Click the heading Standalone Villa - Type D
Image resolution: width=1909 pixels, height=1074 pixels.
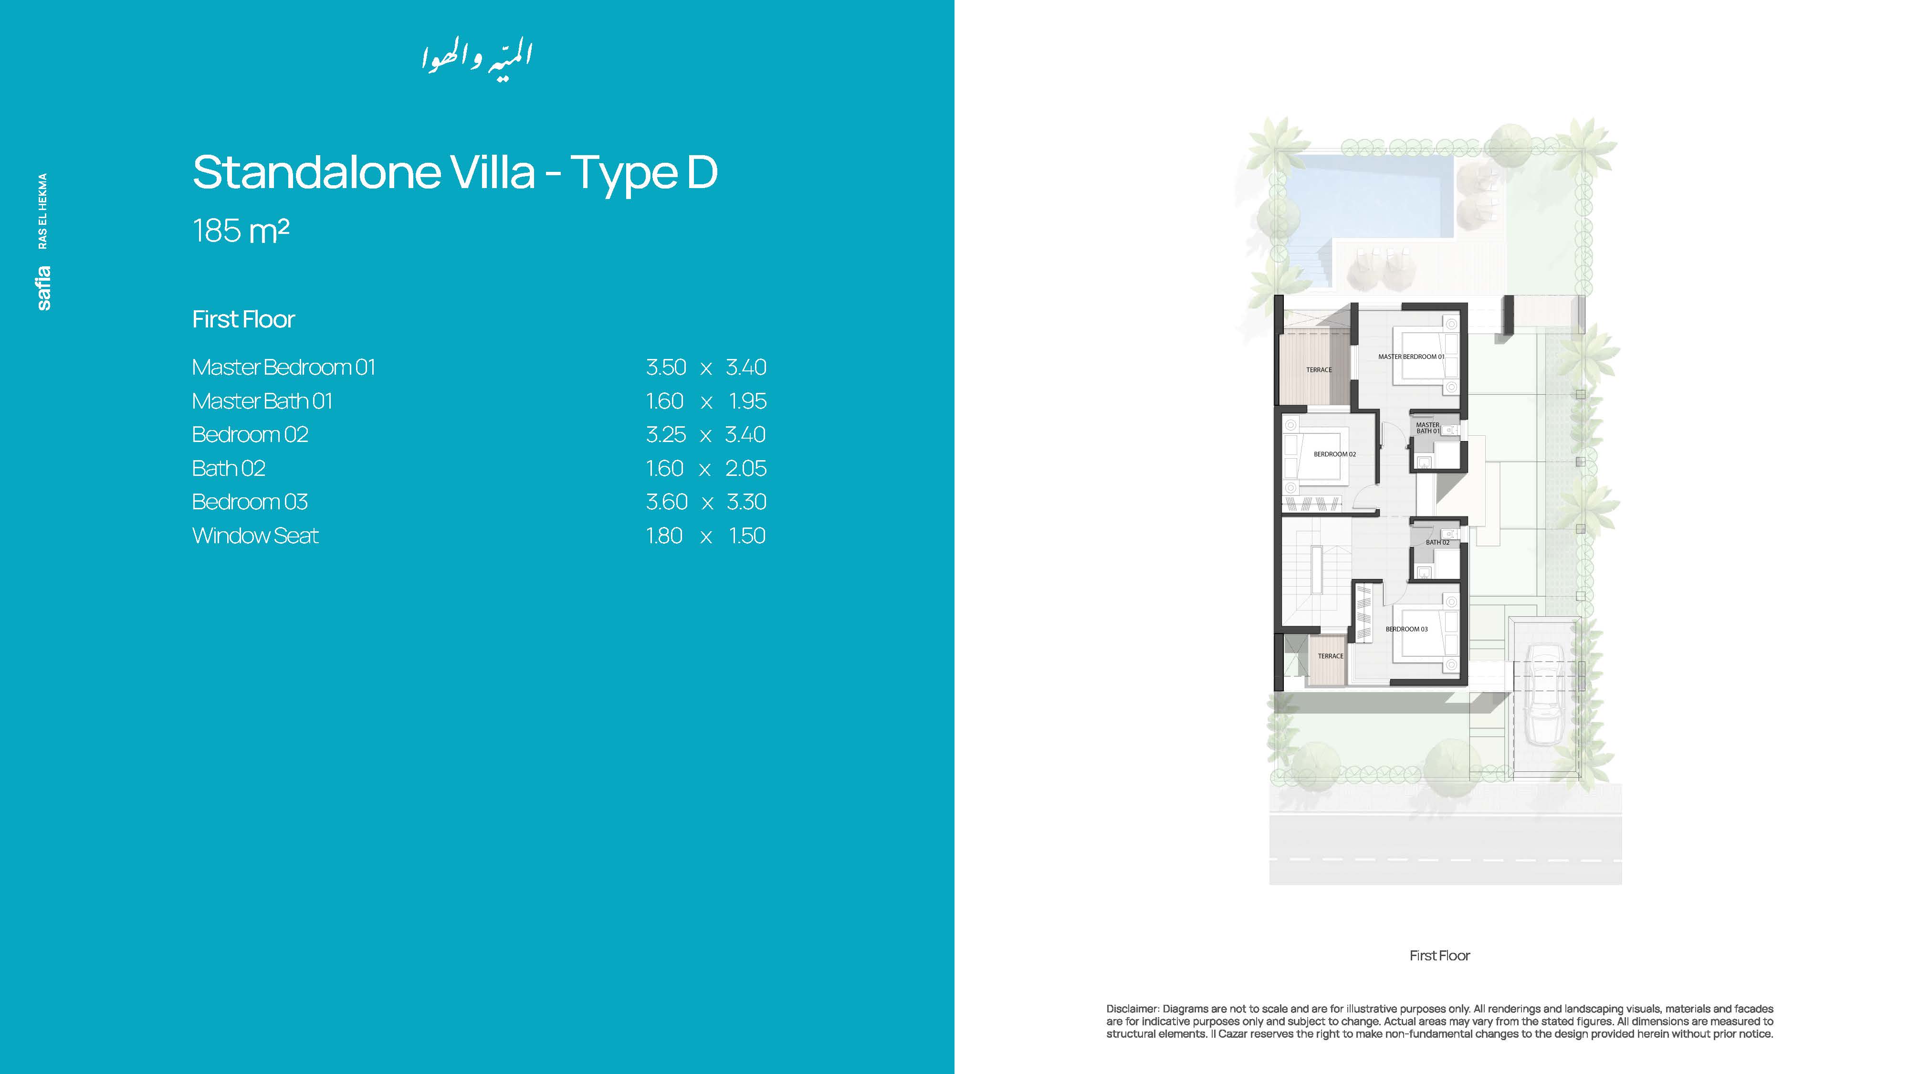[455, 173]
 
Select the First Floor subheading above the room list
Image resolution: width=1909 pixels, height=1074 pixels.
[243, 319]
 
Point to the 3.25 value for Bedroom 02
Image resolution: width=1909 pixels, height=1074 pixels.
[665, 434]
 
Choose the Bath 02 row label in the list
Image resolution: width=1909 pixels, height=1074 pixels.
[228, 468]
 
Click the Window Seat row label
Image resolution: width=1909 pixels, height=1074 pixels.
[255, 536]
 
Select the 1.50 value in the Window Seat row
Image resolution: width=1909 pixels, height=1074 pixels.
[747, 536]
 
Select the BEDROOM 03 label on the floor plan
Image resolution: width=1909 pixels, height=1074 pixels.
[1406, 629]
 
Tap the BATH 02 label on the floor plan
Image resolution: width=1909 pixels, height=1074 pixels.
[1437, 543]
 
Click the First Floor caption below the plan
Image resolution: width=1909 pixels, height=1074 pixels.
[1439, 956]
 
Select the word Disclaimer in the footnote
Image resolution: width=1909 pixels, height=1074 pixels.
[1132, 1009]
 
